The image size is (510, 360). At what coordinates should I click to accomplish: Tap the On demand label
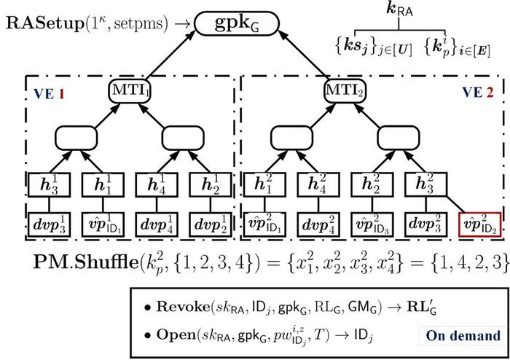(463, 336)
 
